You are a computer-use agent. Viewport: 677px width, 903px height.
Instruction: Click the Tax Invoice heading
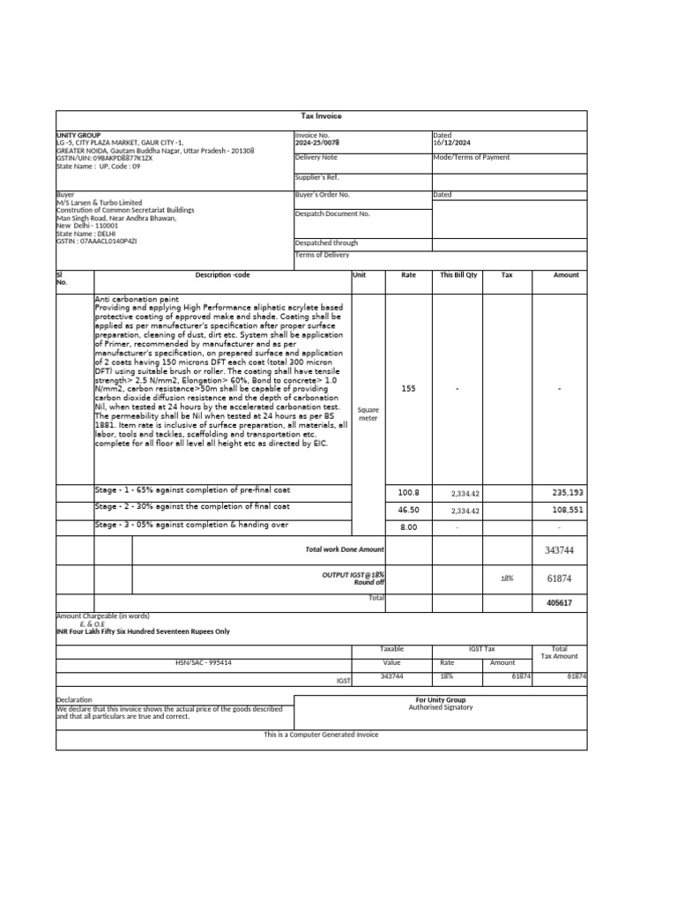click(x=321, y=116)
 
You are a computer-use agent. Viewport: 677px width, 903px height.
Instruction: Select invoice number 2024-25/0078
click(x=316, y=142)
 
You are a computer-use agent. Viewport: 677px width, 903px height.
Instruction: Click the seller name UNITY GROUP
click(x=78, y=135)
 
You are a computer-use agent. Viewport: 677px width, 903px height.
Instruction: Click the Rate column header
click(x=408, y=275)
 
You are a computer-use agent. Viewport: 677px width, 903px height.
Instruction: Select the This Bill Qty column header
click(x=458, y=275)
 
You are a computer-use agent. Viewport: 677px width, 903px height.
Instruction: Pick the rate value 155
click(x=408, y=388)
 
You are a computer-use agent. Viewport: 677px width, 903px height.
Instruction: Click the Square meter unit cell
click(x=368, y=414)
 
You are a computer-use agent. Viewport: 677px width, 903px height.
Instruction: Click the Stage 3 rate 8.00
click(x=408, y=527)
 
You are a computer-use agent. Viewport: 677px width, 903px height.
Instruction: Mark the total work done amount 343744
click(x=561, y=550)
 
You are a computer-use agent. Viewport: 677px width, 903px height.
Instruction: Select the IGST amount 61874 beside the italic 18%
click(x=561, y=578)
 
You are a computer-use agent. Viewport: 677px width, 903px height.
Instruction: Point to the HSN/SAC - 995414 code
click(x=205, y=661)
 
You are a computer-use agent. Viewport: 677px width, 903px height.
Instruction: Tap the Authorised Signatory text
click(x=440, y=707)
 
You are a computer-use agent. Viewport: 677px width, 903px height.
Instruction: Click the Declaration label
click(x=74, y=700)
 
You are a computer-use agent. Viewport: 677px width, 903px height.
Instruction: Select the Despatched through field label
click(x=326, y=243)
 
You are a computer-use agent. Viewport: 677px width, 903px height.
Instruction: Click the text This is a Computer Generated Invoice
click(x=321, y=734)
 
